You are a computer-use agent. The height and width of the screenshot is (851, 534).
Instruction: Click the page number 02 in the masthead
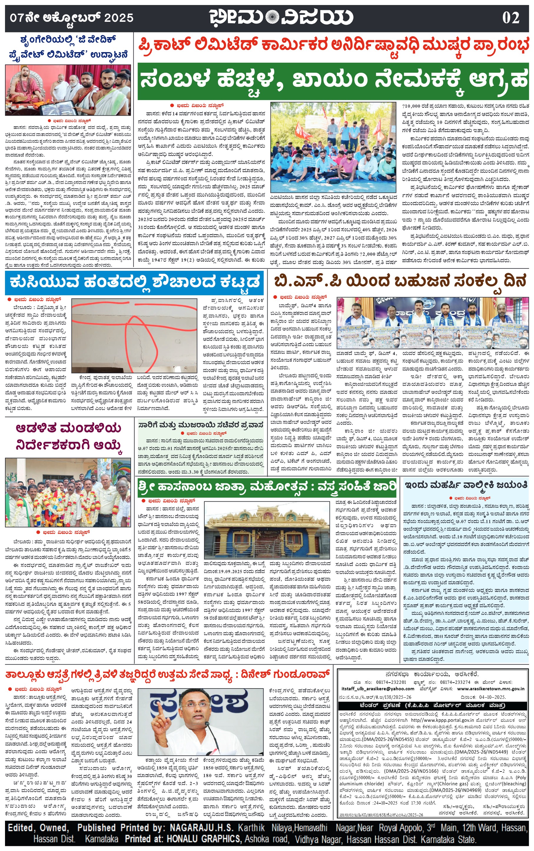(x=510, y=18)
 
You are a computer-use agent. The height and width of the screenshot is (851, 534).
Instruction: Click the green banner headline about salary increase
(x=333, y=81)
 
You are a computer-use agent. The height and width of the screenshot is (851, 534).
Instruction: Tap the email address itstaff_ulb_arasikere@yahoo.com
(x=378, y=689)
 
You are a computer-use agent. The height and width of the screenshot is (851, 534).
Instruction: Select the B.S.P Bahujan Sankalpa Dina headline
(x=400, y=281)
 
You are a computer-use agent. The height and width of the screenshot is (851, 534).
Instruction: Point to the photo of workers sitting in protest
(x=333, y=147)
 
